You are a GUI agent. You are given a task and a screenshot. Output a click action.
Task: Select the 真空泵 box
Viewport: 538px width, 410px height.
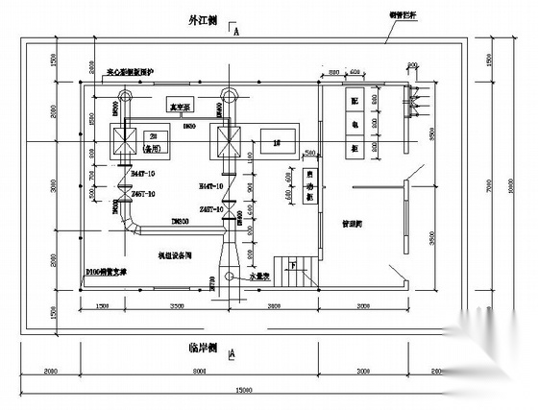pos(179,107)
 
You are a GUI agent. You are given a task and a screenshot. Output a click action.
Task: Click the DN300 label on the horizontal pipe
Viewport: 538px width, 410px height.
pos(179,222)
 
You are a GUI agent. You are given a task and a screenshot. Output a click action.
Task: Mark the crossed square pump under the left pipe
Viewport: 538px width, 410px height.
pos(124,142)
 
